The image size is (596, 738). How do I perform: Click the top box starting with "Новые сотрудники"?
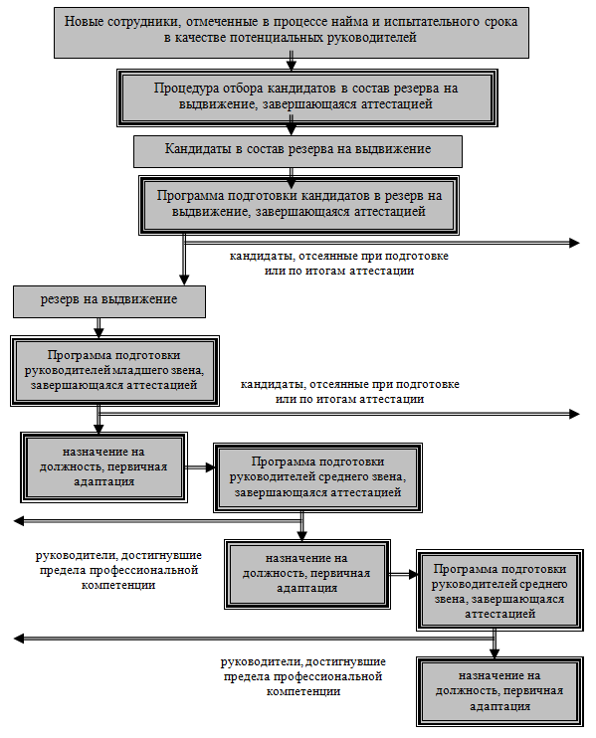pos(292,33)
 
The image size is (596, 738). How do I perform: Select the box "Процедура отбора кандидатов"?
pos(306,97)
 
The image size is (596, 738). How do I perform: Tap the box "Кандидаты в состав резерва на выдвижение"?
pos(298,151)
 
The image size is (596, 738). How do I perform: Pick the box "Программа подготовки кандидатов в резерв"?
pos(298,205)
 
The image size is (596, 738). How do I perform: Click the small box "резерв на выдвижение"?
pos(109,301)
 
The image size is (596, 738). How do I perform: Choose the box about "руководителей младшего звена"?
pos(114,371)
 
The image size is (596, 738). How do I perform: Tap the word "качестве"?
pos(201,38)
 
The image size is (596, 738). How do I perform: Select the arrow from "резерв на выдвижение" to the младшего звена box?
pos(99,327)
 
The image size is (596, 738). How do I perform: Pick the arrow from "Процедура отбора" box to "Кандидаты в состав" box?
pos(292,131)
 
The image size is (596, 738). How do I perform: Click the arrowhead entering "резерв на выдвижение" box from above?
pos(184,280)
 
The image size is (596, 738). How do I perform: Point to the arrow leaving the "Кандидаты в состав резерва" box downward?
pos(292,172)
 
